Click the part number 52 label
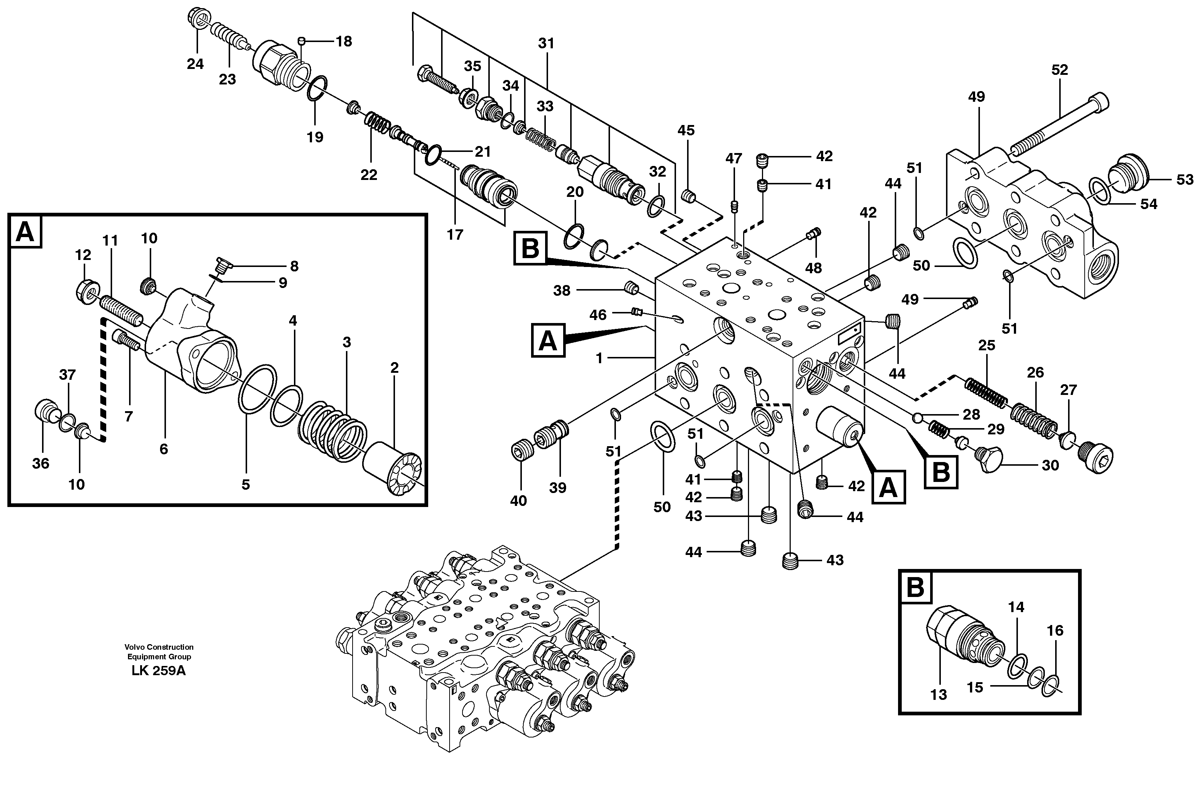coord(1059,70)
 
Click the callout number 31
coord(546,44)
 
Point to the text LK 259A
coord(159,671)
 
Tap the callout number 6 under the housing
coord(163,449)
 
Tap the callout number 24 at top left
coord(195,64)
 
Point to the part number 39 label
coord(557,488)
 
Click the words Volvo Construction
coord(159,647)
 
